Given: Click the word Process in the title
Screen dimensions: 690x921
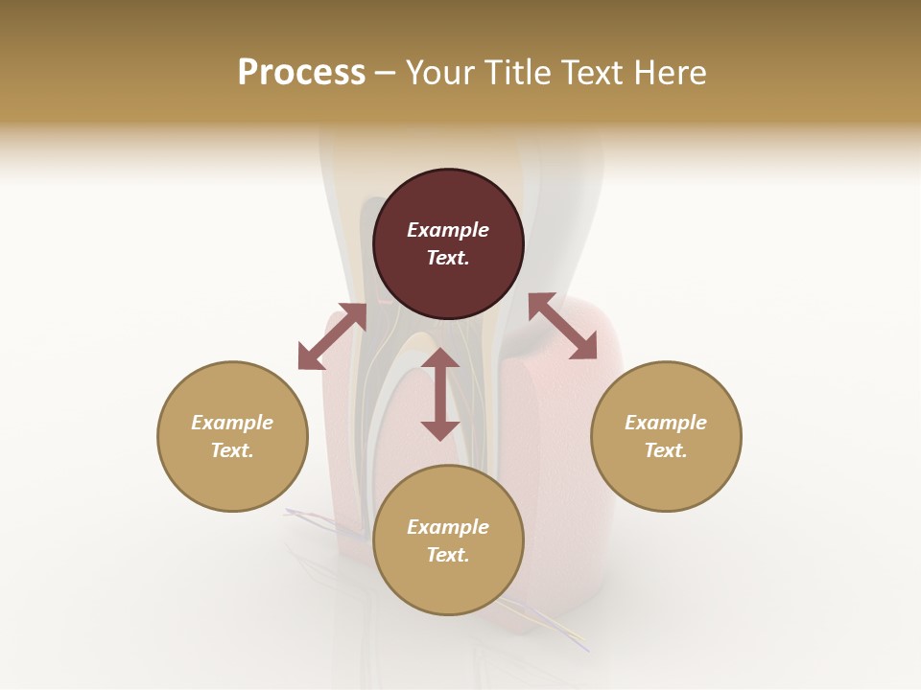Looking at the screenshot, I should pos(301,73).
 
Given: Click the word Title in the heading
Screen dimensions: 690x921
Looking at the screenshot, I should pos(518,73).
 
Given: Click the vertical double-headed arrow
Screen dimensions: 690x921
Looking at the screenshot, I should pos(440,394).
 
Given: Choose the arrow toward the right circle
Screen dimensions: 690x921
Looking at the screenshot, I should pos(562,326).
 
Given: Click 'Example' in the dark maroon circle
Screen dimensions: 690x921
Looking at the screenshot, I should pos(448,230).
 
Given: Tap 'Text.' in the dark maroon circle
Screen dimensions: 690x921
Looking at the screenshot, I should pos(448,258).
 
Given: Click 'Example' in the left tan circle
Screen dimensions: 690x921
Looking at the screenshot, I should pos(232,423).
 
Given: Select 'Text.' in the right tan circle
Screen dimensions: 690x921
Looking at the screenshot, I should pos(666,450).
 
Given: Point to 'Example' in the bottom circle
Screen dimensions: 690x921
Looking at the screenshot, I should pos(448,527).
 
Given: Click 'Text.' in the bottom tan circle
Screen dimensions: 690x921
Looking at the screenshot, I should pos(448,555).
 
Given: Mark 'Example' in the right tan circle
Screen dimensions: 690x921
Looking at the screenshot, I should pos(666,423).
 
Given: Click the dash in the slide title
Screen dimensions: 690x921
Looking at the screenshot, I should pos(386,73).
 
